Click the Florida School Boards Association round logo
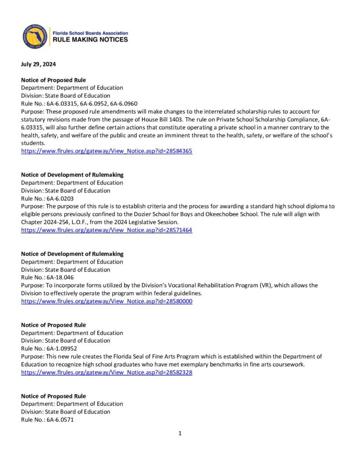(35, 37)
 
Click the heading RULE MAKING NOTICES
(91, 40)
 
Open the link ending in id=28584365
(106, 151)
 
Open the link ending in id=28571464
(106, 230)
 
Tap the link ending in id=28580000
(106, 301)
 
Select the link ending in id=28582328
(106, 372)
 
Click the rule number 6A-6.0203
(60, 198)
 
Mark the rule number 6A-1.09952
(61, 349)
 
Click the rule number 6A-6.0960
(124, 104)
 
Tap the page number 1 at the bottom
(180, 433)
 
